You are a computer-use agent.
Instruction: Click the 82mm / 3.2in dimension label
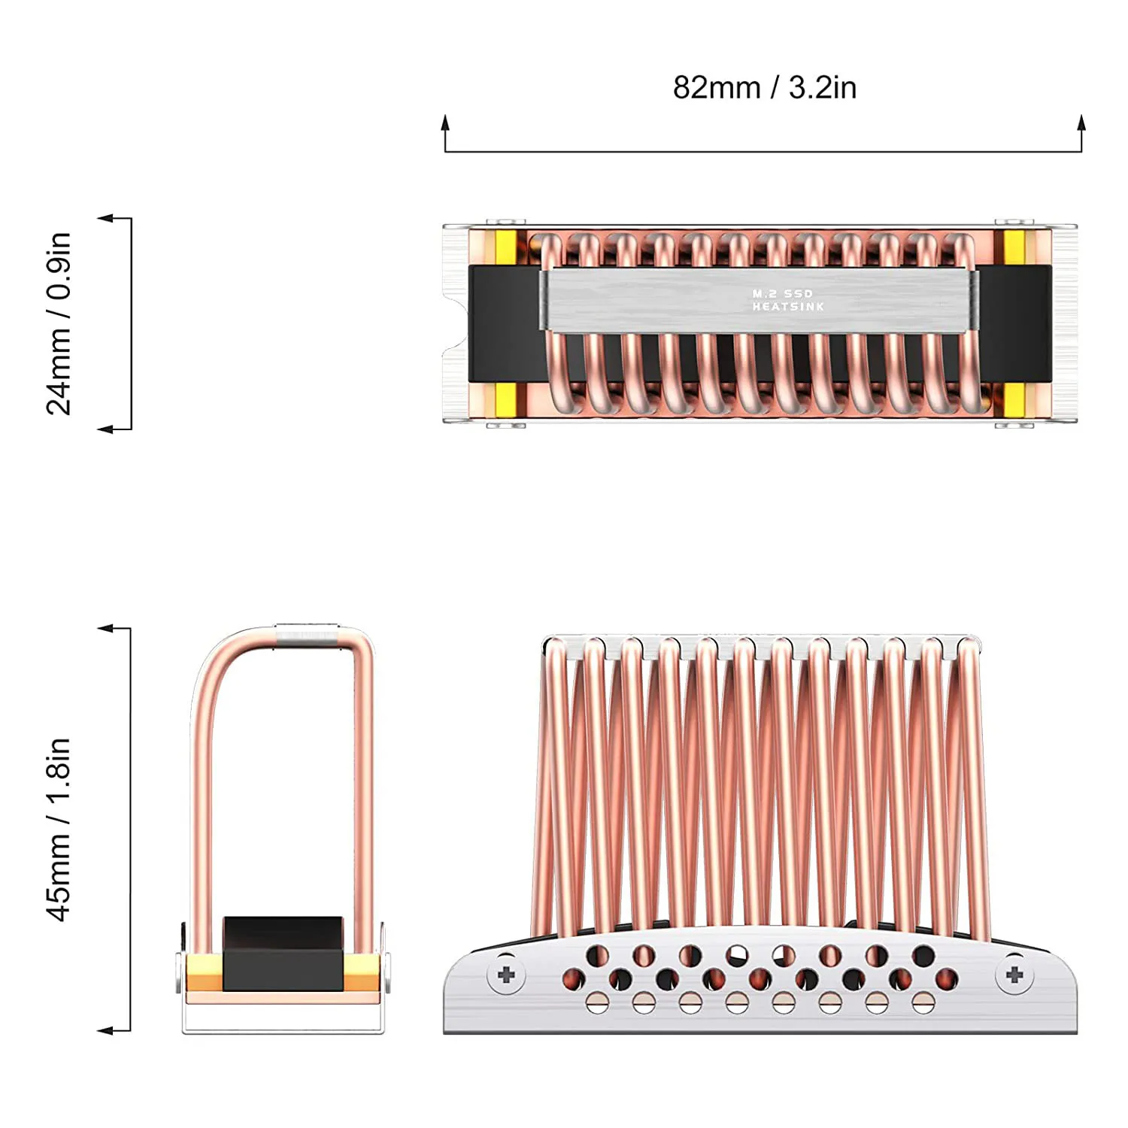click(x=764, y=88)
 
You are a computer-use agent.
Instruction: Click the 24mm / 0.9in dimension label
click(x=59, y=323)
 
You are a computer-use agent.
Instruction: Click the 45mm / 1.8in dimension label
click(x=59, y=829)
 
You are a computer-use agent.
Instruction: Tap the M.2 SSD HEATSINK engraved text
click(x=787, y=300)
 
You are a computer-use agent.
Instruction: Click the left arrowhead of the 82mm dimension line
click(x=445, y=124)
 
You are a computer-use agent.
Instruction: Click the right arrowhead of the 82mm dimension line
click(x=1081, y=124)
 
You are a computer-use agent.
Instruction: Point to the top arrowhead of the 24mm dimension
click(x=106, y=219)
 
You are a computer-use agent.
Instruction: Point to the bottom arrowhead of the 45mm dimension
click(x=106, y=1030)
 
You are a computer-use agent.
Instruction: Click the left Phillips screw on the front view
click(x=506, y=975)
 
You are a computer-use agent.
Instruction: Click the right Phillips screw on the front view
click(x=1014, y=975)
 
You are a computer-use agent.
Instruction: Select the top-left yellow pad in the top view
click(x=505, y=247)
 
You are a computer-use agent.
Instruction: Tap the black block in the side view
click(x=283, y=953)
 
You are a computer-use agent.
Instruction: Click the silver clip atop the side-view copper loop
click(x=307, y=633)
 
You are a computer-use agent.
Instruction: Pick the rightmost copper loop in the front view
click(x=975, y=782)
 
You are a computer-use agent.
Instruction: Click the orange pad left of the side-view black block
click(x=204, y=972)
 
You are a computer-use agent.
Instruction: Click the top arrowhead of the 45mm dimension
click(x=106, y=628)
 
